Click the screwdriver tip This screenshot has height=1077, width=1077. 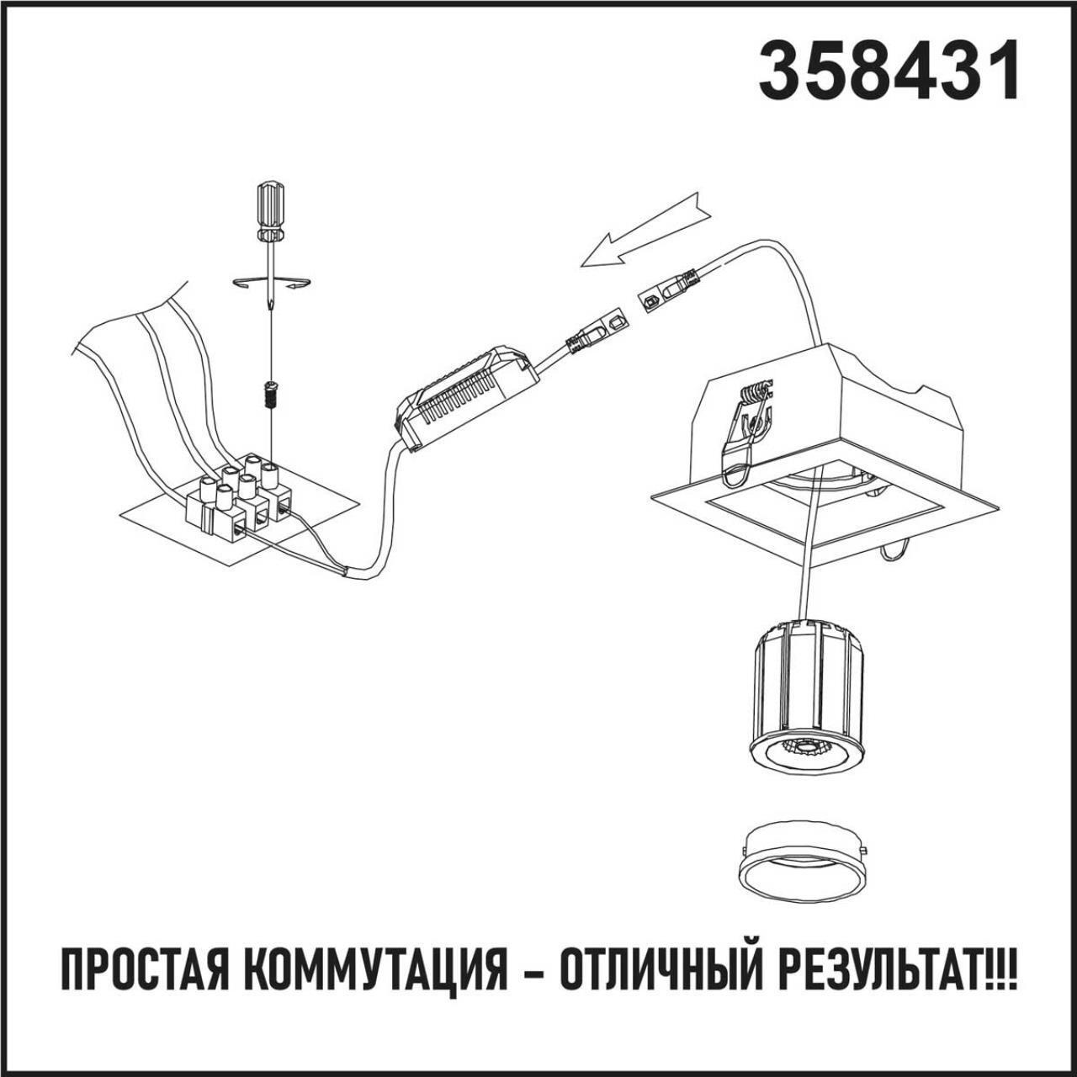tap(271, 307)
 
